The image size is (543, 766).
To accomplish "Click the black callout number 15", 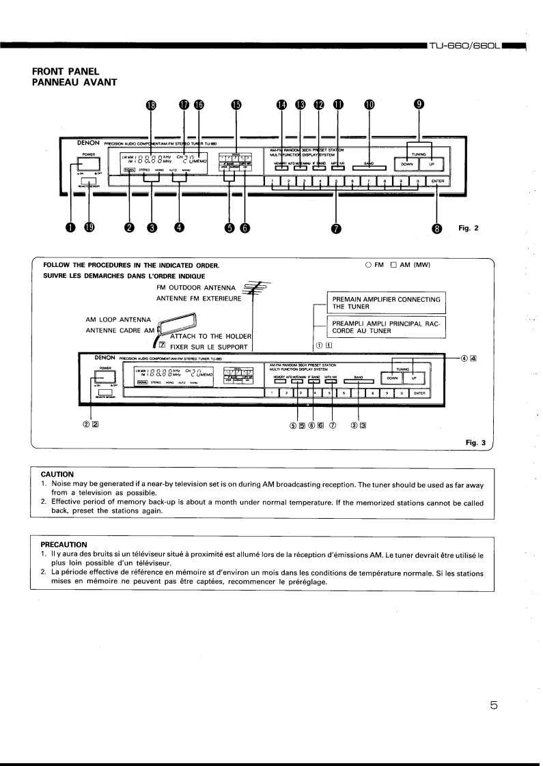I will [236, 104].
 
